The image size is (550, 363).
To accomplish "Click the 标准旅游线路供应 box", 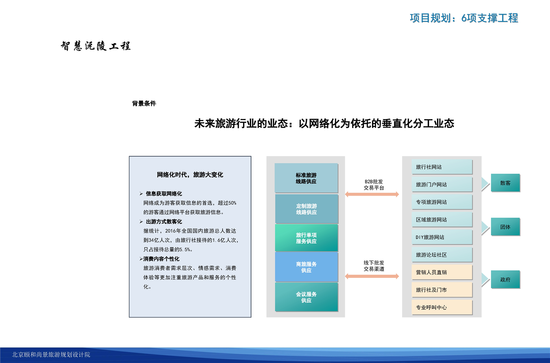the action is coord(306,178).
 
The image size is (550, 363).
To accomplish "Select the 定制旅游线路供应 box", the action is coord(306,209).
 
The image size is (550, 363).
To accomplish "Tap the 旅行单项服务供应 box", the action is coord(306,238).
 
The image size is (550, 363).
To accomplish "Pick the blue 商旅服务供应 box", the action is coord(306,267).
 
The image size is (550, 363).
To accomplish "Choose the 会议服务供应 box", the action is coord(306,297).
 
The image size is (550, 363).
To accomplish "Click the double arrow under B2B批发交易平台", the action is coord(372,194).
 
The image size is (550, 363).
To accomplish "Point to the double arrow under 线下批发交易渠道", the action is coord(372,276).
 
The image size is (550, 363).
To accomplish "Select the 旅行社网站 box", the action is coord(442,167).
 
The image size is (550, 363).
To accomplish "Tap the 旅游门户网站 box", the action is coord(442,184).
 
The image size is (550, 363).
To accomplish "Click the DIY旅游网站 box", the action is coord(442,237).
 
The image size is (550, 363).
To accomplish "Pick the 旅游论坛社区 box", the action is coord(442,255).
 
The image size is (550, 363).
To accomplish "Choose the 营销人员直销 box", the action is coord(442,272).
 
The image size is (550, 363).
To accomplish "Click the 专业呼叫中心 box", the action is coord(442,307).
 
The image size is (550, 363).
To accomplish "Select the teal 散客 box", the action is coord(505,183).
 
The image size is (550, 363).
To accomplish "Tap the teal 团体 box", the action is coord(505,227).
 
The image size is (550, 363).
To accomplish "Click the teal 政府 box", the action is coord(505,279).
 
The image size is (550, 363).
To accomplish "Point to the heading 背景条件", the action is coord(144,104).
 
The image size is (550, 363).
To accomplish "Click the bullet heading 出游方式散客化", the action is coord(164,222).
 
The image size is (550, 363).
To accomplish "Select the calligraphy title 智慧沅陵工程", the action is coord(95,46).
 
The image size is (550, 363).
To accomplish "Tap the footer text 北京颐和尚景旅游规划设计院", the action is coord(51,355).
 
